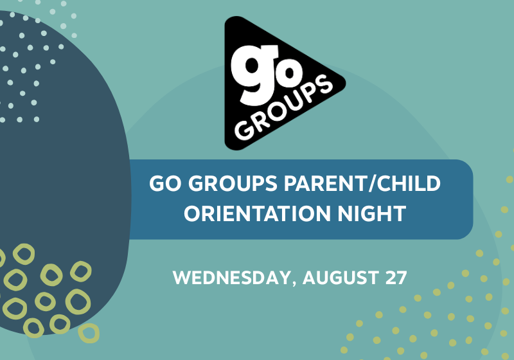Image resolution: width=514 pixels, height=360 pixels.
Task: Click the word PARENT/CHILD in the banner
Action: click(x=362, y=183)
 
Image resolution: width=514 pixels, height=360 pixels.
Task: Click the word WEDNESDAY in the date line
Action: click(x=231, y=278)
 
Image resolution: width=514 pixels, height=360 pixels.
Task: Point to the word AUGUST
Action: click(x=341, y=278)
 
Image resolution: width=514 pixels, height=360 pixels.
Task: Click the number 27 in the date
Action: click(x=396, y=278)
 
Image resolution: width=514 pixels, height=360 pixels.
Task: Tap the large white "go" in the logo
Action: click(x=266, y=75)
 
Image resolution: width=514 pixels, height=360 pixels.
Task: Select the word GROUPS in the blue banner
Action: click(x=233, y=183)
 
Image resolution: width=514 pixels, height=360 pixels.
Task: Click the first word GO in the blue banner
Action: click(x=165, y=183)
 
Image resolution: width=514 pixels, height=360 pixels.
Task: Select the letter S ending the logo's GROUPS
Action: click(x=324, y=84)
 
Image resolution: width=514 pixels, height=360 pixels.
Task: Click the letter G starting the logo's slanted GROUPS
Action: click(x=244, y=130)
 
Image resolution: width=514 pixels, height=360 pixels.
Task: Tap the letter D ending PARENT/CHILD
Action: click(x=432, y=183)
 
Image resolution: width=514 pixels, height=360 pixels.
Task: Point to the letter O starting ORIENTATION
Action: click(x=192, y=214)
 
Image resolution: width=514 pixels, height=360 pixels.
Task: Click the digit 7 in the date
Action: click(x=402, y=278)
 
